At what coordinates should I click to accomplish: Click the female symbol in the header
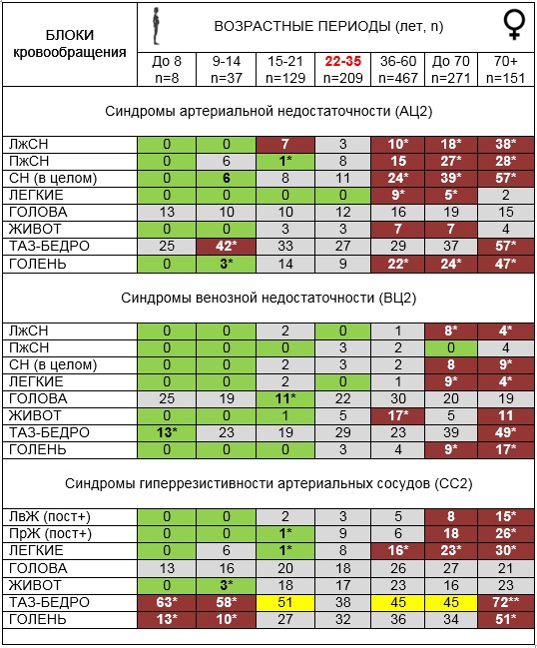514,25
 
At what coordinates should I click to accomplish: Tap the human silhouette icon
156,26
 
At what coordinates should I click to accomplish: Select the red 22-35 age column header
342,61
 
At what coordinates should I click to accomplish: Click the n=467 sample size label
398,78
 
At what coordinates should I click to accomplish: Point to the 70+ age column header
506,61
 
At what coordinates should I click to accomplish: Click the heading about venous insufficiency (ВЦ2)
268,298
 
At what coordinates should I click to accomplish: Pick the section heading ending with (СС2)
268,483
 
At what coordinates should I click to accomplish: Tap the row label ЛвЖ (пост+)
50,516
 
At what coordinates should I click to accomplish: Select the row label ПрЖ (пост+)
50,533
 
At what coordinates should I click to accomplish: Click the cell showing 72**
506,602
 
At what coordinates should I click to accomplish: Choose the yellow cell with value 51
285,602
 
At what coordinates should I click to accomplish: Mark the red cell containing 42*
226,246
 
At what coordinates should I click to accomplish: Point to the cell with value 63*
167,602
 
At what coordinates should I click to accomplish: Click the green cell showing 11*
285,398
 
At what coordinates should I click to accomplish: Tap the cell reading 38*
506,144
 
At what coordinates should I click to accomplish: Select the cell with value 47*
506,264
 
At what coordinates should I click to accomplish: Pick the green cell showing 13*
167,432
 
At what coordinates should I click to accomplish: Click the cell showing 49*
506,432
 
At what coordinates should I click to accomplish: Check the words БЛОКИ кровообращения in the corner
70,43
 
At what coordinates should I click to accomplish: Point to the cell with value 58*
226,602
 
